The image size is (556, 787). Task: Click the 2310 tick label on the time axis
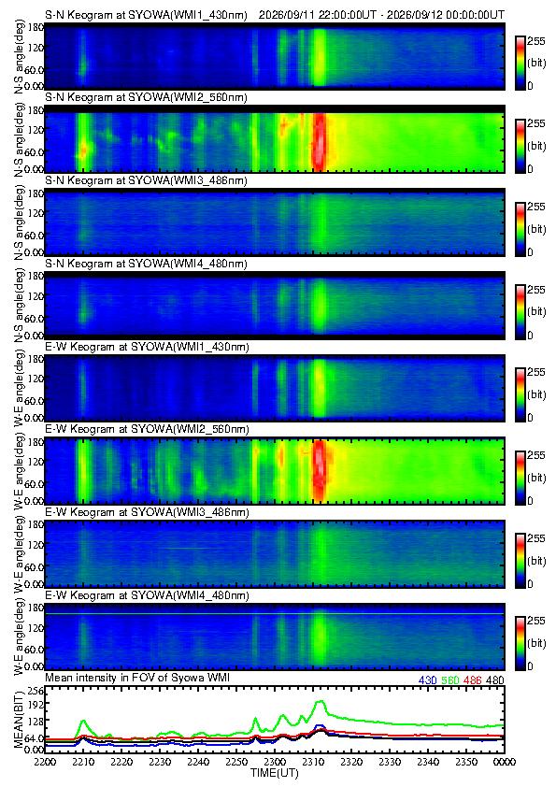tap(313, 762)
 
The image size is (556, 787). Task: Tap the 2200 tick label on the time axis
tap(45, 762)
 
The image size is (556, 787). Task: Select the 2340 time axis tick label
tap(428, 762)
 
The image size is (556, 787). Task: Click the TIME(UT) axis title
tap(274, 772)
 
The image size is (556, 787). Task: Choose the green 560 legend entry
tap(450, 680)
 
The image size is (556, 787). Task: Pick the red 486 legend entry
tap(473, 680)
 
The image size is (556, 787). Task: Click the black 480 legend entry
tap(495, 680)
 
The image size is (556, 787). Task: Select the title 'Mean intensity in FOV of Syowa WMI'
tap(137, 678)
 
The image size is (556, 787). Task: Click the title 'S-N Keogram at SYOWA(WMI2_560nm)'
tap(146, 97)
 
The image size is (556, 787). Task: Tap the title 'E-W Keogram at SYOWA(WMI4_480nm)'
tap(147, 595)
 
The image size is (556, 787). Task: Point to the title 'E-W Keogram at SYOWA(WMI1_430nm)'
tap(147, 347)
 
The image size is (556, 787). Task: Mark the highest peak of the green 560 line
tap(321, 701)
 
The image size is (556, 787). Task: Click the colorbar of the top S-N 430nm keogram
tap(520, 63)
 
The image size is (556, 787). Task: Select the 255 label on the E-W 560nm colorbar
tap(536, 455)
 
